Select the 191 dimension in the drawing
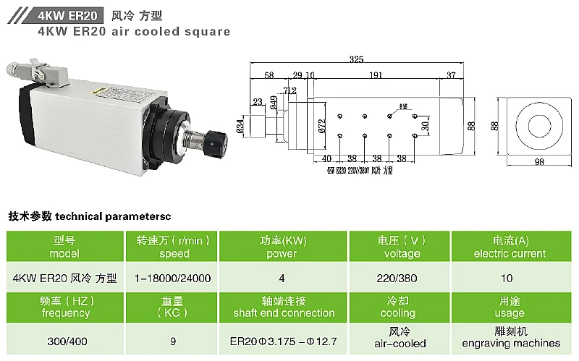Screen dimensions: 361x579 click(376, 75)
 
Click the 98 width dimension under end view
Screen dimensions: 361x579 click(538, 163)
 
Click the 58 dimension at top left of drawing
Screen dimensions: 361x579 click(269, 75)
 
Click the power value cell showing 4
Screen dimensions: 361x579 click(282, 278)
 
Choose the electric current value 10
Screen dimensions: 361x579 click(506, 278)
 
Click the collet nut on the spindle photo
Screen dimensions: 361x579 click(210, 143)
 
